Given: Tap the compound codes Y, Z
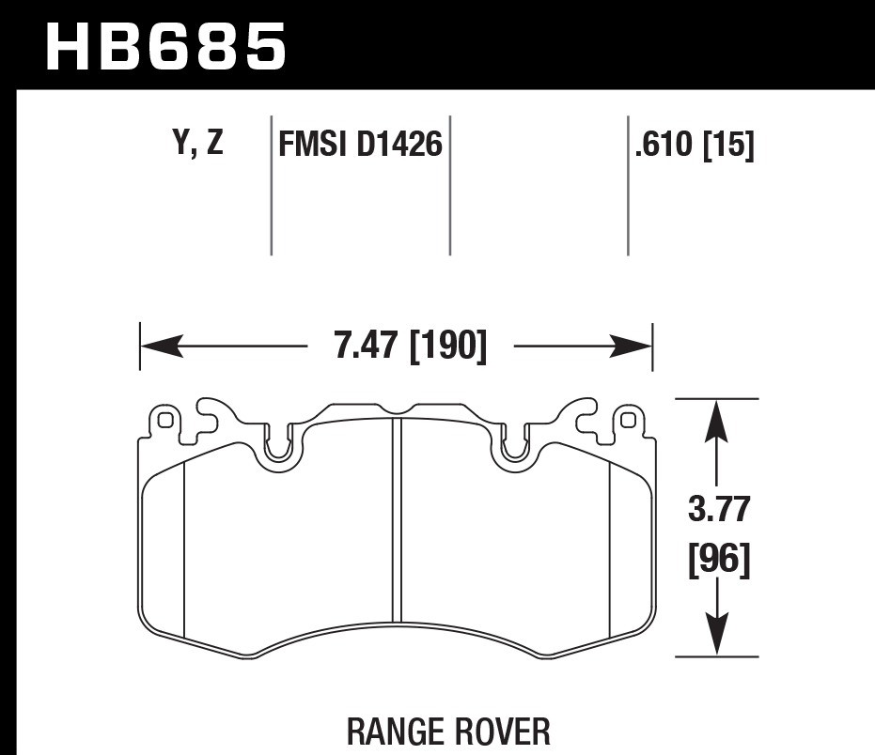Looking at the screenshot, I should click(x=198, y=143).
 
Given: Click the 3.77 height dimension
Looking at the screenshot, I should click(x=718, y=512).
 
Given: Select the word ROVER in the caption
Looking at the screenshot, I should click(x=502, y=731).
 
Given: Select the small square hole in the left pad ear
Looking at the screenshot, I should click(x=165, y=420).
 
